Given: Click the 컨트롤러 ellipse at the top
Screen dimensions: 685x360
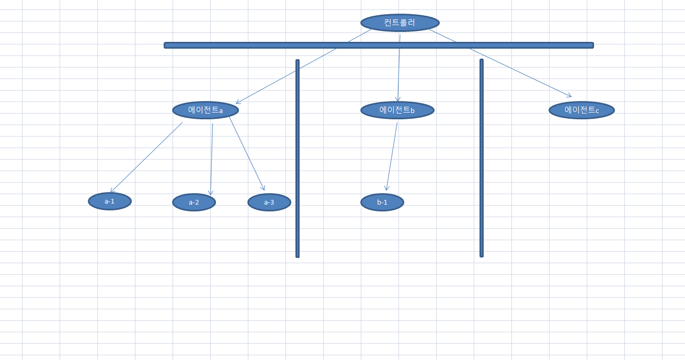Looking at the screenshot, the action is [400, 22].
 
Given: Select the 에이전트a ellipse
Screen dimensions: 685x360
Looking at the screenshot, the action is [206, 110].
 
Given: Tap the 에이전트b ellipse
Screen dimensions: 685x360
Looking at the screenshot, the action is [397, 110].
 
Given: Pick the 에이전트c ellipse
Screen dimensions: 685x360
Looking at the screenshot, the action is [581, 110].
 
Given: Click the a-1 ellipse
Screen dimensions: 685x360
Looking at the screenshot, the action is [110, 201].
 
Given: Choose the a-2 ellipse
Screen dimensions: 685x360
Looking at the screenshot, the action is [194, 203].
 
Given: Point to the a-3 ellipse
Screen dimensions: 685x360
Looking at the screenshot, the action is [269, 203].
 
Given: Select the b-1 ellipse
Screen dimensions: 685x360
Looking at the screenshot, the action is [382, 203].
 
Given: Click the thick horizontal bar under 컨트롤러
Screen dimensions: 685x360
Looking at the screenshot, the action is [379, 46].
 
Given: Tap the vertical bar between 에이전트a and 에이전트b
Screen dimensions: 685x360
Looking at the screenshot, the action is [298, 159].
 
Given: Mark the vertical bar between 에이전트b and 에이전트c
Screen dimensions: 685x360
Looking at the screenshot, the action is [482, 158].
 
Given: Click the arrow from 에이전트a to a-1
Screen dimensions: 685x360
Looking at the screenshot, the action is [146, 157].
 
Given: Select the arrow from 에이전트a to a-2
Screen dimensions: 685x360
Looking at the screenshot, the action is [212, 159].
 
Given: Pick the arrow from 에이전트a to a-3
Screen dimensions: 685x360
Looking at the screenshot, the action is [247, 154].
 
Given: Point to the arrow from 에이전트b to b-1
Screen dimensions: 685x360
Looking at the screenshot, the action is [392, 156].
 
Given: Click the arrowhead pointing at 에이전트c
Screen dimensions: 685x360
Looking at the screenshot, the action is [569, 95].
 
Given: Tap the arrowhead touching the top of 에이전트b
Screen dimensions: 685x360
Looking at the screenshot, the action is [397, 99].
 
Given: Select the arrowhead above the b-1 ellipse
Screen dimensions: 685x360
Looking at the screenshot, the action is [386, 188].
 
